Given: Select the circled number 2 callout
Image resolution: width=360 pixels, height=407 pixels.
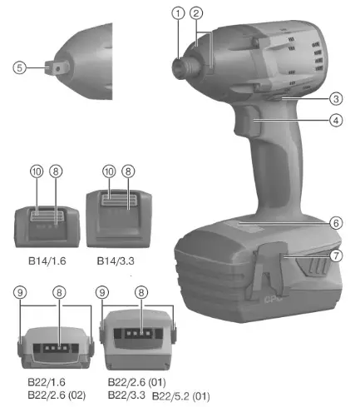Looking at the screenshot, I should click(x=196, y=12).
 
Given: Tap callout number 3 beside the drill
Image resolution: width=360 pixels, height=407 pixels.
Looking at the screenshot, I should click(x=336, y=98).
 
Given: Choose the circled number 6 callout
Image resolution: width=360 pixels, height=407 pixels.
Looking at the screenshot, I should click(x=336, y=223).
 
